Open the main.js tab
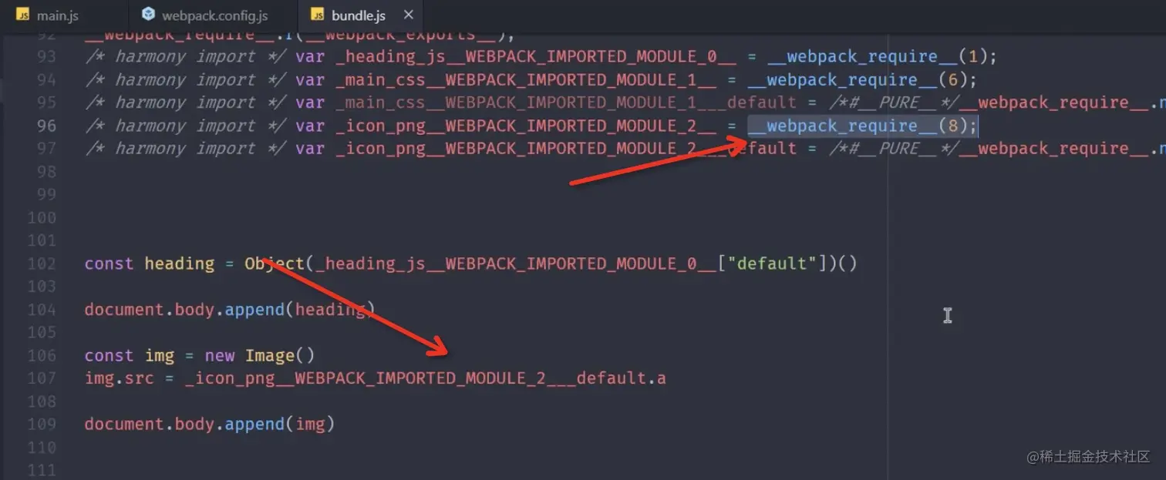[x=57, y=15]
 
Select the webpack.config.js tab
[x=214, y=15]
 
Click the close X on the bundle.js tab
[x=409, y=15]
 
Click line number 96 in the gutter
[x=46, y=126]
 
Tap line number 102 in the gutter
[x=42, y=263]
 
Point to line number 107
[x=42, y=378]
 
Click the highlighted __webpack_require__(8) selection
[x=862, y=126]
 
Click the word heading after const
[x=179, y=263]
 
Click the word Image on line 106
[x=270, y=355]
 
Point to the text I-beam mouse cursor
[x=947, y=315]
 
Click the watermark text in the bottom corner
[x=1088, y=456]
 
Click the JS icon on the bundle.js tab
[x=317, y=15]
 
